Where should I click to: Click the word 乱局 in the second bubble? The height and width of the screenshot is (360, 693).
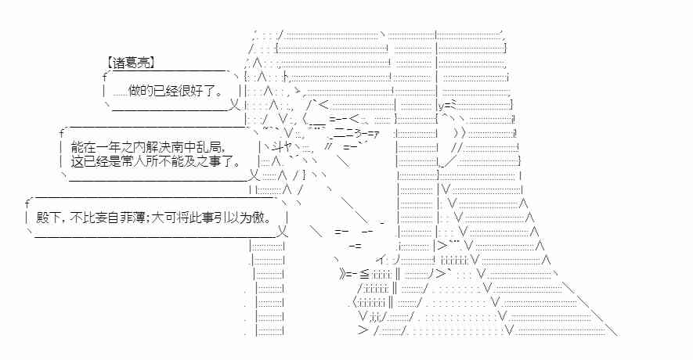pos(211,146)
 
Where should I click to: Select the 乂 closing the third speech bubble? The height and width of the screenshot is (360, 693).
pos(283,232)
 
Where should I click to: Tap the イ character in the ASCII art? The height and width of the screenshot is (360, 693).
pos(380,260)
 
